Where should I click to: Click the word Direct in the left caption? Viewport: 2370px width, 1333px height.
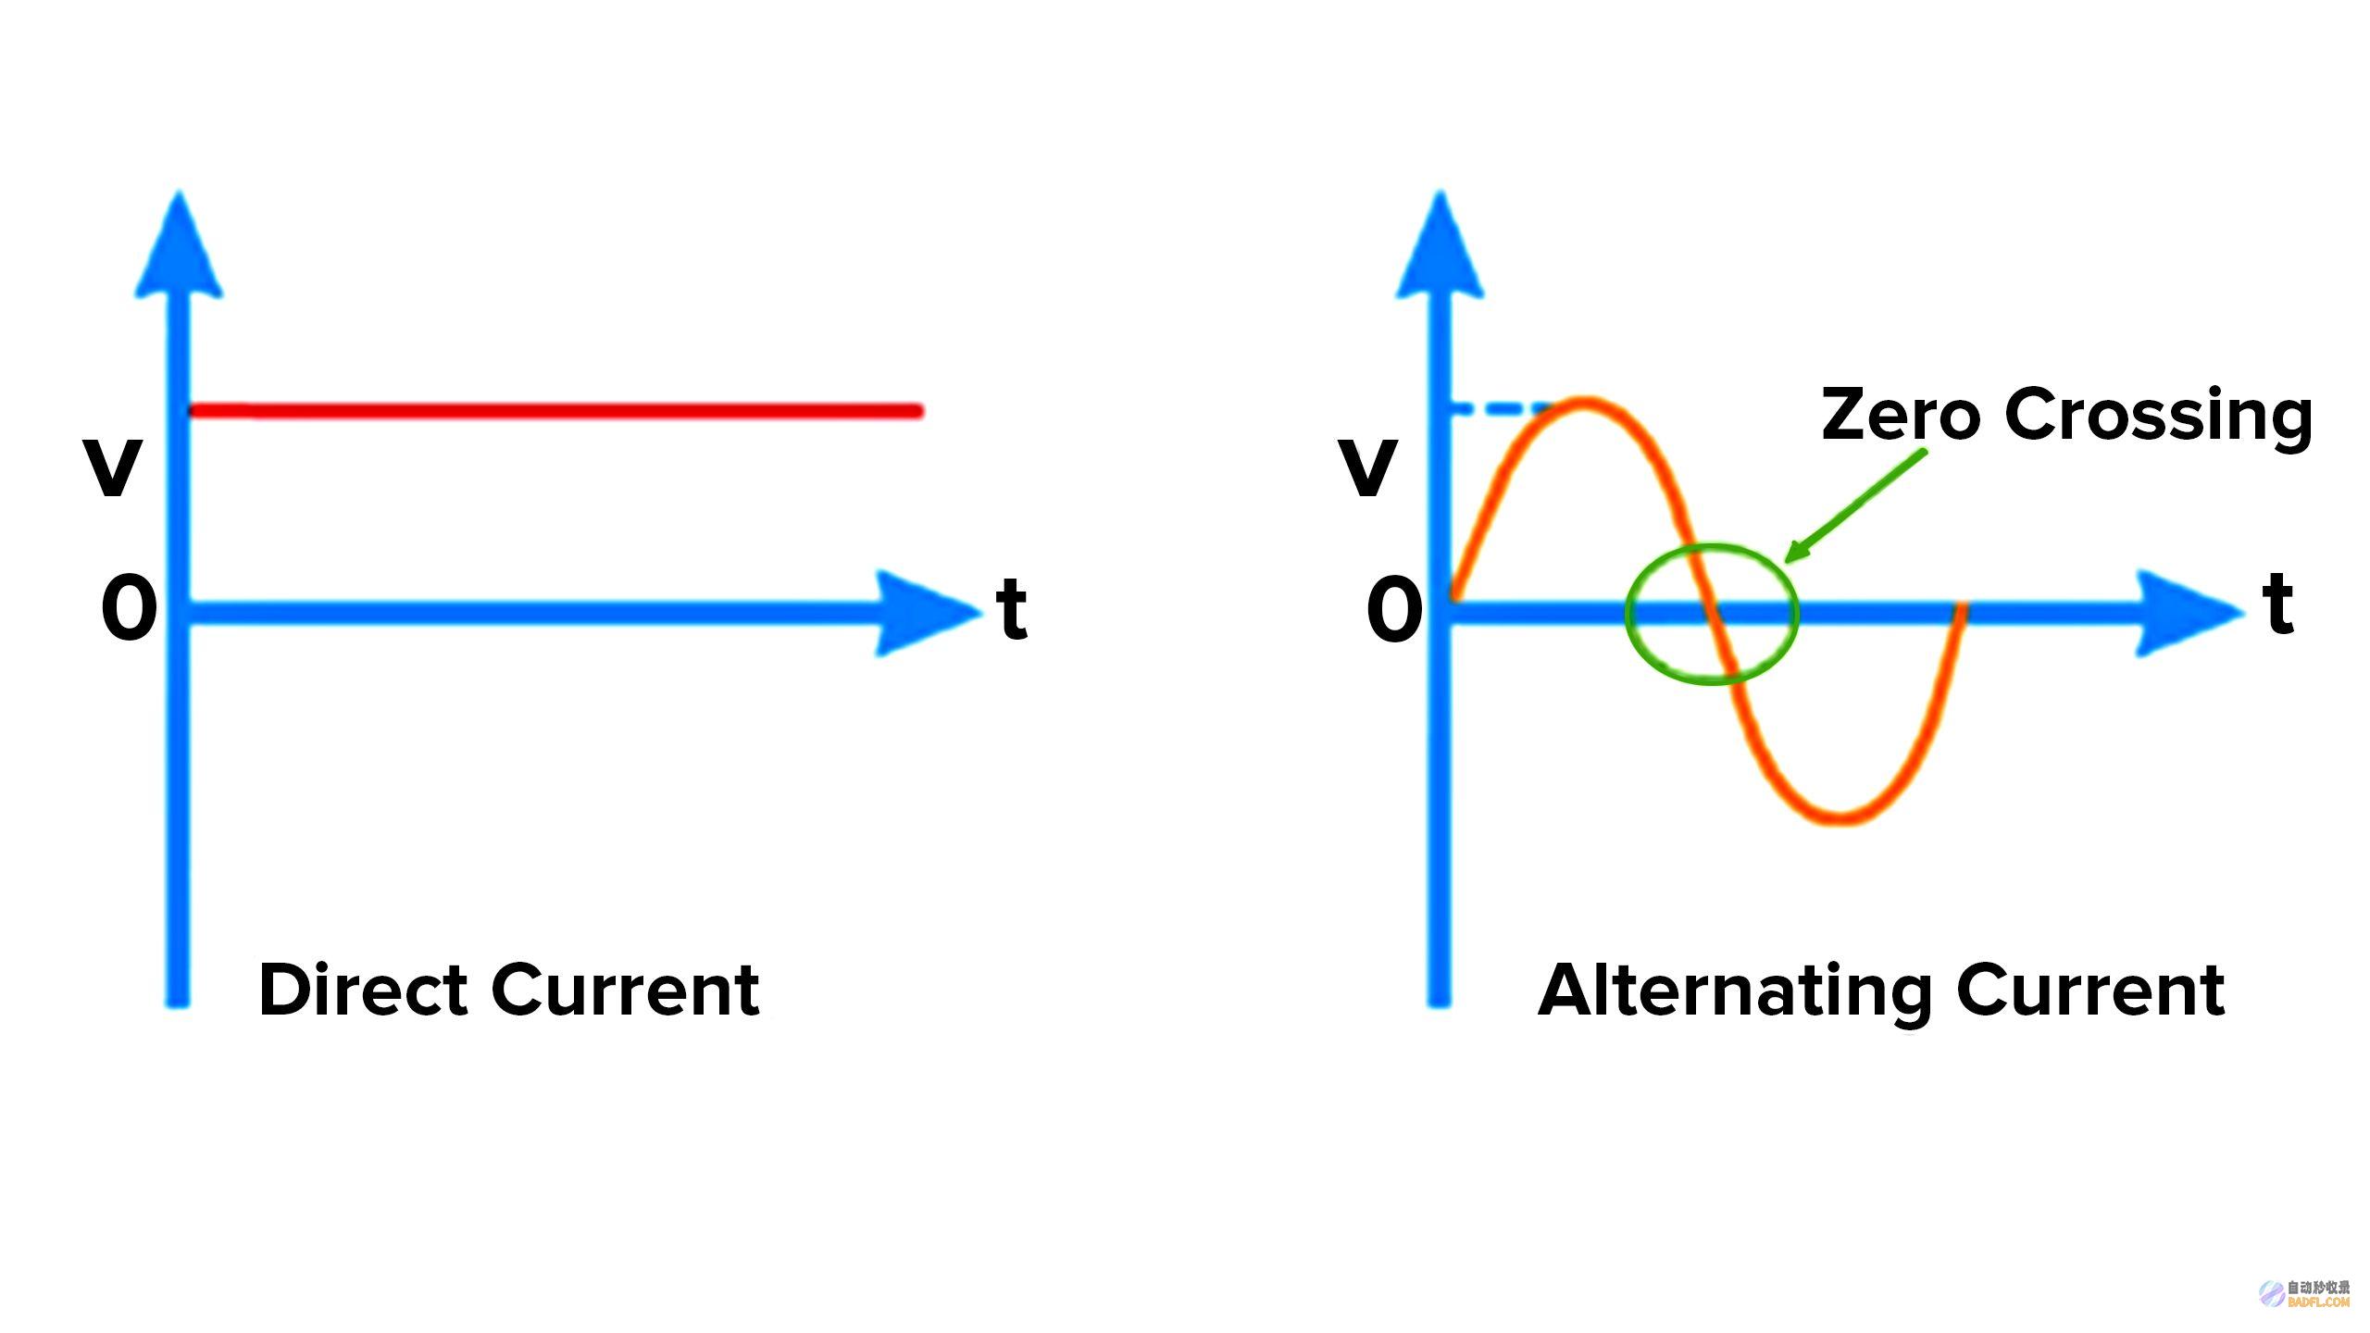point(362,990)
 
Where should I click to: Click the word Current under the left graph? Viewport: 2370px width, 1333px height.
point(626,990)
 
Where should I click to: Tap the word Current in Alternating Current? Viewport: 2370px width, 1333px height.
point(2090,990)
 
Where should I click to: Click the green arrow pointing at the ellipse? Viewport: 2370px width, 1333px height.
point(1855,505)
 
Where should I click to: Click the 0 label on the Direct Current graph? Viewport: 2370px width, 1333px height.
point(129,608)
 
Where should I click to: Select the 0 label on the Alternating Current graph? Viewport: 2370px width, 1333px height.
point(1394,608)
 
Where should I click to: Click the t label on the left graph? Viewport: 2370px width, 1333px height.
point(1012,606)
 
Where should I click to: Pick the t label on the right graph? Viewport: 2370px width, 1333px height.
point(2278,603)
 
